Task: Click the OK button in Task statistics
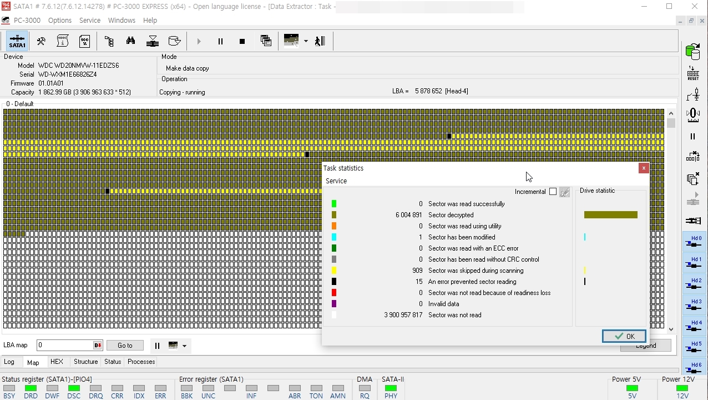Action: coord(624,336)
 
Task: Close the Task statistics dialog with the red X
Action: coord(644,168)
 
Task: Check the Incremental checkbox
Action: coord(553,192)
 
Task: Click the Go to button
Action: coord(125,345)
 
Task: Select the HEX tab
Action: coord(57,362)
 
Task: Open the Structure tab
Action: coord(85,362)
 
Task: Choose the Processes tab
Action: coord(141,362)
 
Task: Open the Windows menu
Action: coord(122,20)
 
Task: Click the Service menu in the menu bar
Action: coord(90,20)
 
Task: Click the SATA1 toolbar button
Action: coord(17,41)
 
